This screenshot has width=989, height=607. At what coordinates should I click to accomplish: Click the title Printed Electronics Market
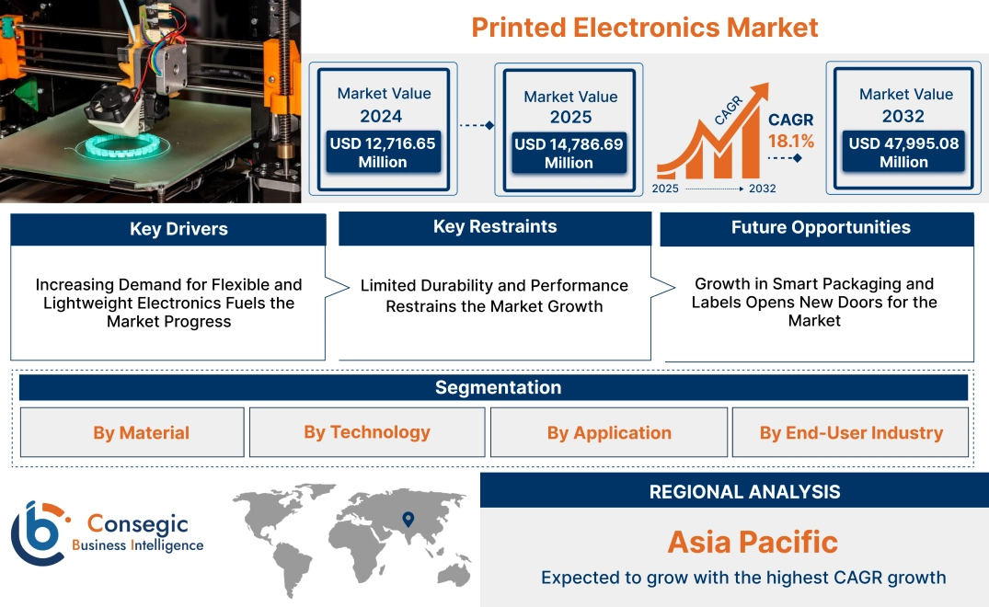[x=644, y=28]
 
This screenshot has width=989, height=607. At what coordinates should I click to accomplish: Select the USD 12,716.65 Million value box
[x=382, y=153]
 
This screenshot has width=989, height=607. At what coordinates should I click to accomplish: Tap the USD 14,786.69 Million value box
[x=569, y=154]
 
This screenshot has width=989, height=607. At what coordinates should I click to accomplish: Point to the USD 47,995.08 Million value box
[x=903, y=153]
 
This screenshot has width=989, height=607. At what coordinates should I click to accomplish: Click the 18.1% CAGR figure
[x=791, y=142]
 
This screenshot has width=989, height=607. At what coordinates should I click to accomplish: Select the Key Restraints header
[x=495, y=227]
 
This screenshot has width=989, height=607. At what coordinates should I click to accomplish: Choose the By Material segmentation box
[x=141, y=432]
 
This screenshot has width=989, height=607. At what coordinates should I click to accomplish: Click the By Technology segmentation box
[x=367, y=432]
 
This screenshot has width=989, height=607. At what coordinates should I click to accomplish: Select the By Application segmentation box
[x=609, y=432]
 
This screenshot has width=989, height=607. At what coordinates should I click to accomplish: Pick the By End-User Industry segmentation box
[x=851, y=432]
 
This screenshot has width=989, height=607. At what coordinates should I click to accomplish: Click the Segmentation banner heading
[x=498, y=387]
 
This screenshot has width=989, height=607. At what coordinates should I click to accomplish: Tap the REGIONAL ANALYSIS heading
[x=744, y=491]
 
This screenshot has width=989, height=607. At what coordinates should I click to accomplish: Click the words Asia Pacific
[x=753, y=542]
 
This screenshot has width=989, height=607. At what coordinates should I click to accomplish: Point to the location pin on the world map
[x=408, y=521]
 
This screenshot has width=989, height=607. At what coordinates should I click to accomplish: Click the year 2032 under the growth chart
[x=762, y=189]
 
